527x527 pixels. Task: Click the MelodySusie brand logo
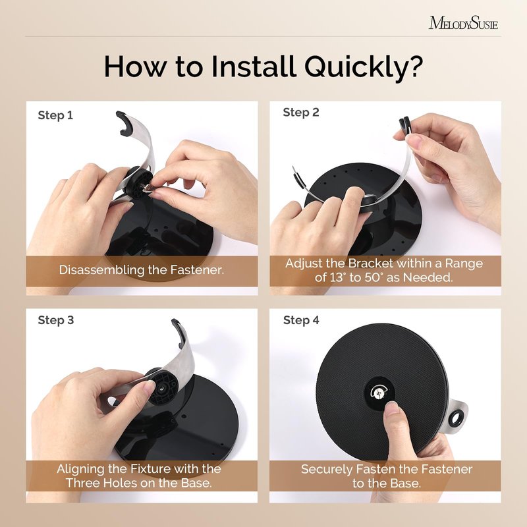463,23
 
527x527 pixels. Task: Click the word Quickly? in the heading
363,67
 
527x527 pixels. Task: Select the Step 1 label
55,116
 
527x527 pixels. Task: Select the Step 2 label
301,113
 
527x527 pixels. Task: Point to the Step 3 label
56,320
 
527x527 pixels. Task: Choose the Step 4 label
301,320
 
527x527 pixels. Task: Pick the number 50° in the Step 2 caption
374,277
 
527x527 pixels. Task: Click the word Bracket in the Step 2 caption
370,263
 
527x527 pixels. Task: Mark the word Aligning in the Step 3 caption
80,469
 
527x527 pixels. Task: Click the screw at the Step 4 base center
378,392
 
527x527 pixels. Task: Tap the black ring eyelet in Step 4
456,418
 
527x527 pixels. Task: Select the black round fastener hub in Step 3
161,387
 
